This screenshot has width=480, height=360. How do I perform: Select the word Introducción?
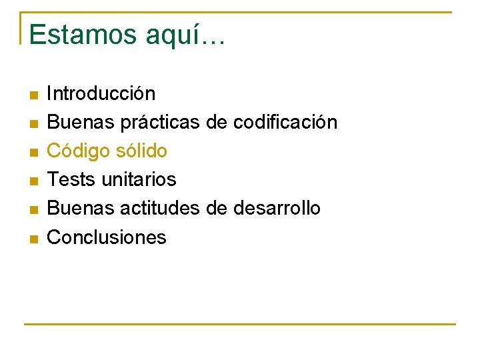pos(101,93)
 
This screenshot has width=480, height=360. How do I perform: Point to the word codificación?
pos(285,122)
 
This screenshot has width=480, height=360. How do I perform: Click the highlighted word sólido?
pos(141,151)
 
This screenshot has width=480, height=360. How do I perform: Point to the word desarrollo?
pos(277,208)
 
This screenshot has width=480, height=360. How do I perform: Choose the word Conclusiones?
pos(107,237)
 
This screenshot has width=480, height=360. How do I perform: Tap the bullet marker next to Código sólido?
pos(33,152)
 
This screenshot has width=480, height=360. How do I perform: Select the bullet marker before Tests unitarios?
pos(33,181)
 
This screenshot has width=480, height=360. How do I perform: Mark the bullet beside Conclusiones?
pos(33,238)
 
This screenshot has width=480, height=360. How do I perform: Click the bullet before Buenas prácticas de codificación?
pos(33,123)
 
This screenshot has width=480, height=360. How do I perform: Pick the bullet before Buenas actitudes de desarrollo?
pos(33,209)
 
